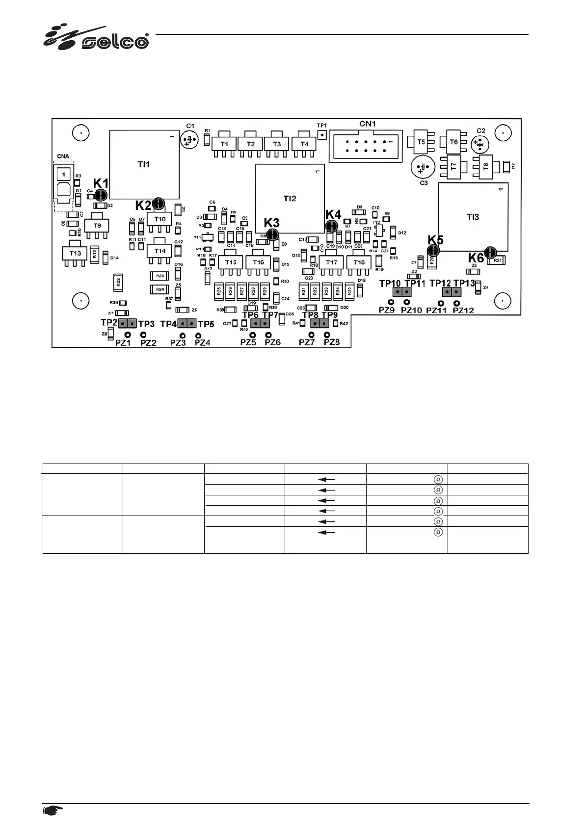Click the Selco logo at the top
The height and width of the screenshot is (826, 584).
96,38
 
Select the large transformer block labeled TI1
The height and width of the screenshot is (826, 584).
143,164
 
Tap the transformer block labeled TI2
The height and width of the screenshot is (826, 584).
290,198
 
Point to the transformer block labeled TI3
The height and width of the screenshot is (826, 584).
473,217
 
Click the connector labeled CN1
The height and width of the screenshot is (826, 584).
366,145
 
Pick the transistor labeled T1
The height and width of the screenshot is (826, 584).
224,144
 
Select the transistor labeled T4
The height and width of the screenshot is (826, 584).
304,144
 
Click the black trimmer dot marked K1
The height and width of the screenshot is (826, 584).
101,195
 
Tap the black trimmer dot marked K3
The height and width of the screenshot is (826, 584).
273,235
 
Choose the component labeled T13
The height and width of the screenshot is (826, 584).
75,253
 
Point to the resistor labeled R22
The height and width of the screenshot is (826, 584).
118,282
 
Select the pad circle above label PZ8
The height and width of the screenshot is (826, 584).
327,335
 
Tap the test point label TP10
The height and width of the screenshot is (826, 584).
390,284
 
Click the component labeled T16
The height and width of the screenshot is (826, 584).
258,262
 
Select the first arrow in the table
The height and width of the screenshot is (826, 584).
326,479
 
